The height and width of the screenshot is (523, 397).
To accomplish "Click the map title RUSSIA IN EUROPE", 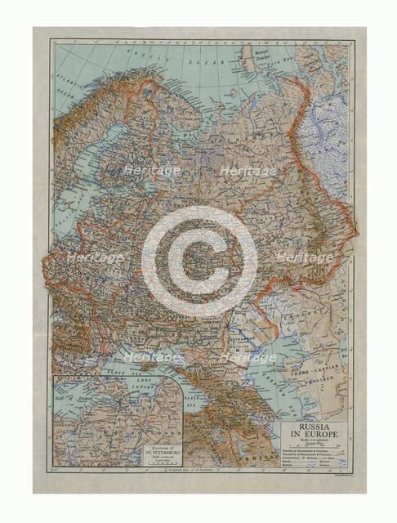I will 310,429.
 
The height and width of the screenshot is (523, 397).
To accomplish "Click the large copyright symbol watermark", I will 198,261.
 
